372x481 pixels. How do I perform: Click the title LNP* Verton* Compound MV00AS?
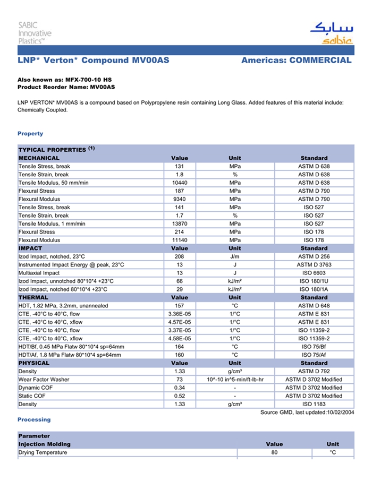(94, 61)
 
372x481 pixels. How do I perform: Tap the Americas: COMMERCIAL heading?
(296, 61)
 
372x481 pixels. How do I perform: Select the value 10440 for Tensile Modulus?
(179, 183)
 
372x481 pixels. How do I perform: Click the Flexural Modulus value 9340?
(179, 199)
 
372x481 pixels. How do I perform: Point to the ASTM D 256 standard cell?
(314, 256)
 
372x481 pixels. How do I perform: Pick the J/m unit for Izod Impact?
(234, 256)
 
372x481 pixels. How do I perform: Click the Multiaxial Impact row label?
(39, 273)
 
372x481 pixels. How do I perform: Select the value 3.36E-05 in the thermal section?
(179, 314)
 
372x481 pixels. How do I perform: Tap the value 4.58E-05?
(179, 338)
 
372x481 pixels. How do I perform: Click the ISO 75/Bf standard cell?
(314, 347)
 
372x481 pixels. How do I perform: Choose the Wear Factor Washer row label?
(44, 380)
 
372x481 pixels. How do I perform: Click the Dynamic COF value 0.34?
(179, 388)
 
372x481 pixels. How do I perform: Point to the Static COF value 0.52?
(179, 396)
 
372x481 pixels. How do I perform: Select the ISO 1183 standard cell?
(314, 404)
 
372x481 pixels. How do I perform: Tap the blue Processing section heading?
(34, 419)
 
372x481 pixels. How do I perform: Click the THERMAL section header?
(33, 297)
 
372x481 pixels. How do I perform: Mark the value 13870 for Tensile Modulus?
(179, 224)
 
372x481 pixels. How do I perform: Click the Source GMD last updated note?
(307, 413)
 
